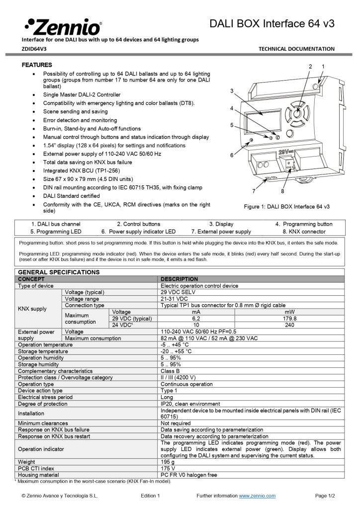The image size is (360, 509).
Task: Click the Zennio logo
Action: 63,26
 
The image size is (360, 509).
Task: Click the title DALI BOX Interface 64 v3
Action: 271,23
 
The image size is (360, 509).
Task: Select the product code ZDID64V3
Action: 34,49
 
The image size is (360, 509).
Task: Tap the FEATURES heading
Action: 37,65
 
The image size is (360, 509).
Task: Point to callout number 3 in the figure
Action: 232,90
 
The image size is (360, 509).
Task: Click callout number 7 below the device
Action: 254,191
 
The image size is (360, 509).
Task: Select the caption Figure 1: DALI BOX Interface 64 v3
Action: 286,206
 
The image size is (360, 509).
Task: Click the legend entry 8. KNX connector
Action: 304,232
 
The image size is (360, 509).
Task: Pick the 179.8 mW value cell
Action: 289,318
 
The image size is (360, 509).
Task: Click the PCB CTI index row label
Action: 36,468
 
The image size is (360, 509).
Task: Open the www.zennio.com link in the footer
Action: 257,496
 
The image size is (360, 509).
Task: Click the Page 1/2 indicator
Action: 325,496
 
